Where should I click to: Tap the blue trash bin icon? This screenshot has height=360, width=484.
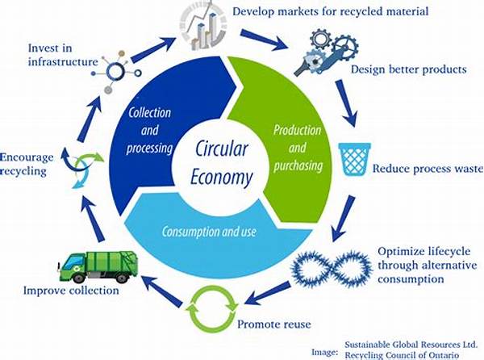pyautogui.click(x=354, y=160)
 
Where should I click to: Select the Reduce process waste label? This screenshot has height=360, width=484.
pyautogui.click(x=426, y=170)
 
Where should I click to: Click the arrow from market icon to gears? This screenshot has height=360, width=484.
pyautogui.click(x=269, y=35)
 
